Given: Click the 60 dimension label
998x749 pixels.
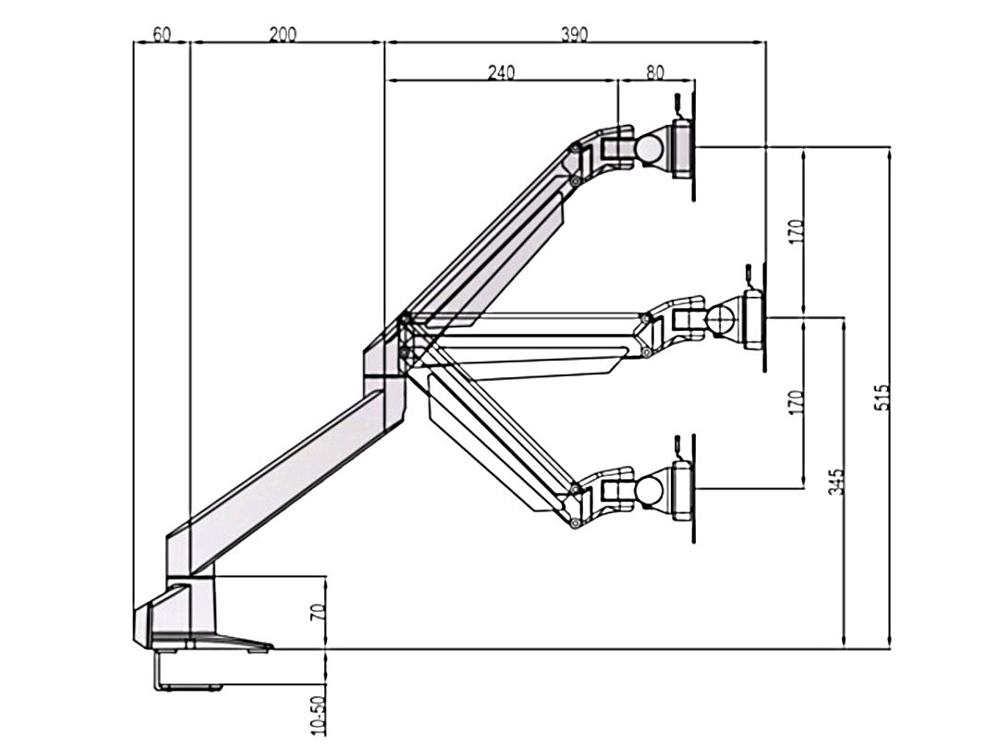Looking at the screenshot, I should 162,34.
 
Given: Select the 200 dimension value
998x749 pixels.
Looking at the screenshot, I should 283,34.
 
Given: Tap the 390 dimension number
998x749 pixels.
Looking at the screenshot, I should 574,34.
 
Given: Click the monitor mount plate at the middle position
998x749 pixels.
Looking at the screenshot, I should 753,320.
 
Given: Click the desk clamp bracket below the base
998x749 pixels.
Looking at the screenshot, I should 185,673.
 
